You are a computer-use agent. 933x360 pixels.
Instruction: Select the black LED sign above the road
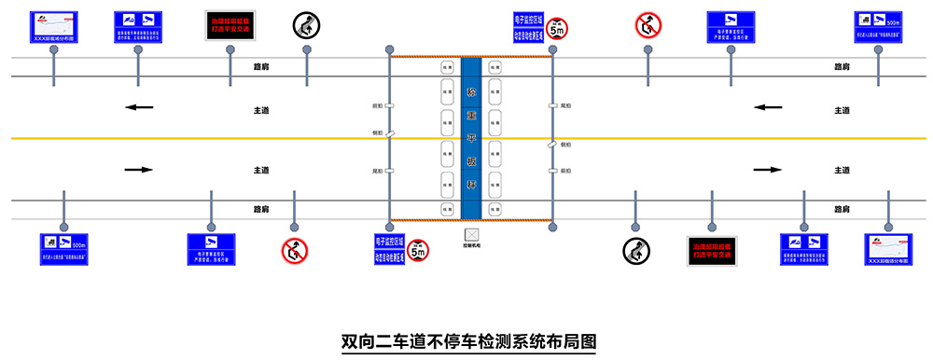tap(231, 25)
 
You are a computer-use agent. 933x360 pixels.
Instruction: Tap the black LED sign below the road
tap(713, 248)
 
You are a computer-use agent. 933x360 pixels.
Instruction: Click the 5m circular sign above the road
tap(557, 28)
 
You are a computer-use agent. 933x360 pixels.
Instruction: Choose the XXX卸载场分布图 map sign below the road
tap(886, 248)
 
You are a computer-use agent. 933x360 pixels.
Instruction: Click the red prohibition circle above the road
tap(647, 25)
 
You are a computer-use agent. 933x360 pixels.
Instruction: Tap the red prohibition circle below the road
tap(295, 249)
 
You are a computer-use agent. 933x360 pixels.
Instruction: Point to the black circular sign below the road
tap(636, 249)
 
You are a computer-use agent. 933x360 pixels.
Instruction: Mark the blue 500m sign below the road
tap(63, 248)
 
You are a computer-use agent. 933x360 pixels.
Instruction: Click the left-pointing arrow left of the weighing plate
tap(139, 107)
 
